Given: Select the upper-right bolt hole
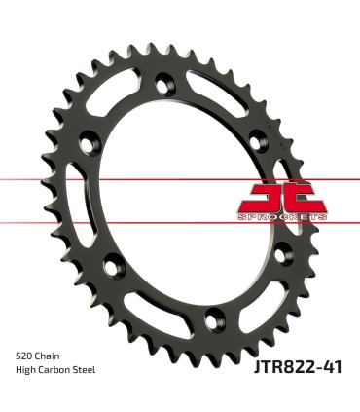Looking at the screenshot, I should (x=262, y=136).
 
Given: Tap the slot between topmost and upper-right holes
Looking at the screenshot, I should (x=230, y=97).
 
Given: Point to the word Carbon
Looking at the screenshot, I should (x=58, y=370).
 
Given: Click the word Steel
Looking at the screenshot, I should (x=90, y=370).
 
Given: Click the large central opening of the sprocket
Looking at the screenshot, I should (x=180, y=195).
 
